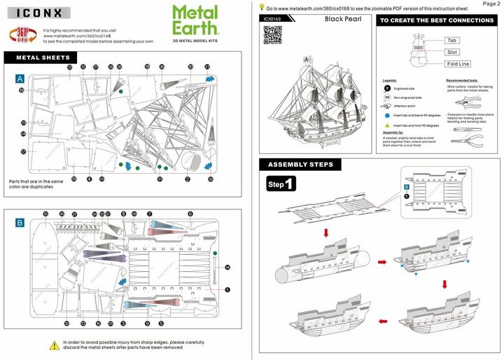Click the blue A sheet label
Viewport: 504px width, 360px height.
pyautogui.click(x=20, y=80)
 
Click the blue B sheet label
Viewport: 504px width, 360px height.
pyautogui.click(x=20, y=223)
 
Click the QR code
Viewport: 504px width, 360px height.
pyautogui.click(x=272, y=35)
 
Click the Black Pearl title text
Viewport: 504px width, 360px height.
pyautogui.click(x=342, y=20)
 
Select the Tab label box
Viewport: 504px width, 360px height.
pyautogui.click(x=452, y=41)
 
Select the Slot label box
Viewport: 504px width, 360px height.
pyautogui.click(x=452, y=52)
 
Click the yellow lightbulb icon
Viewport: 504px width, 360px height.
pyautogui.click(x=261, y=6)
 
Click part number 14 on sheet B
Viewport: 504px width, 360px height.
pyautogui.click(x=227, y=268)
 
